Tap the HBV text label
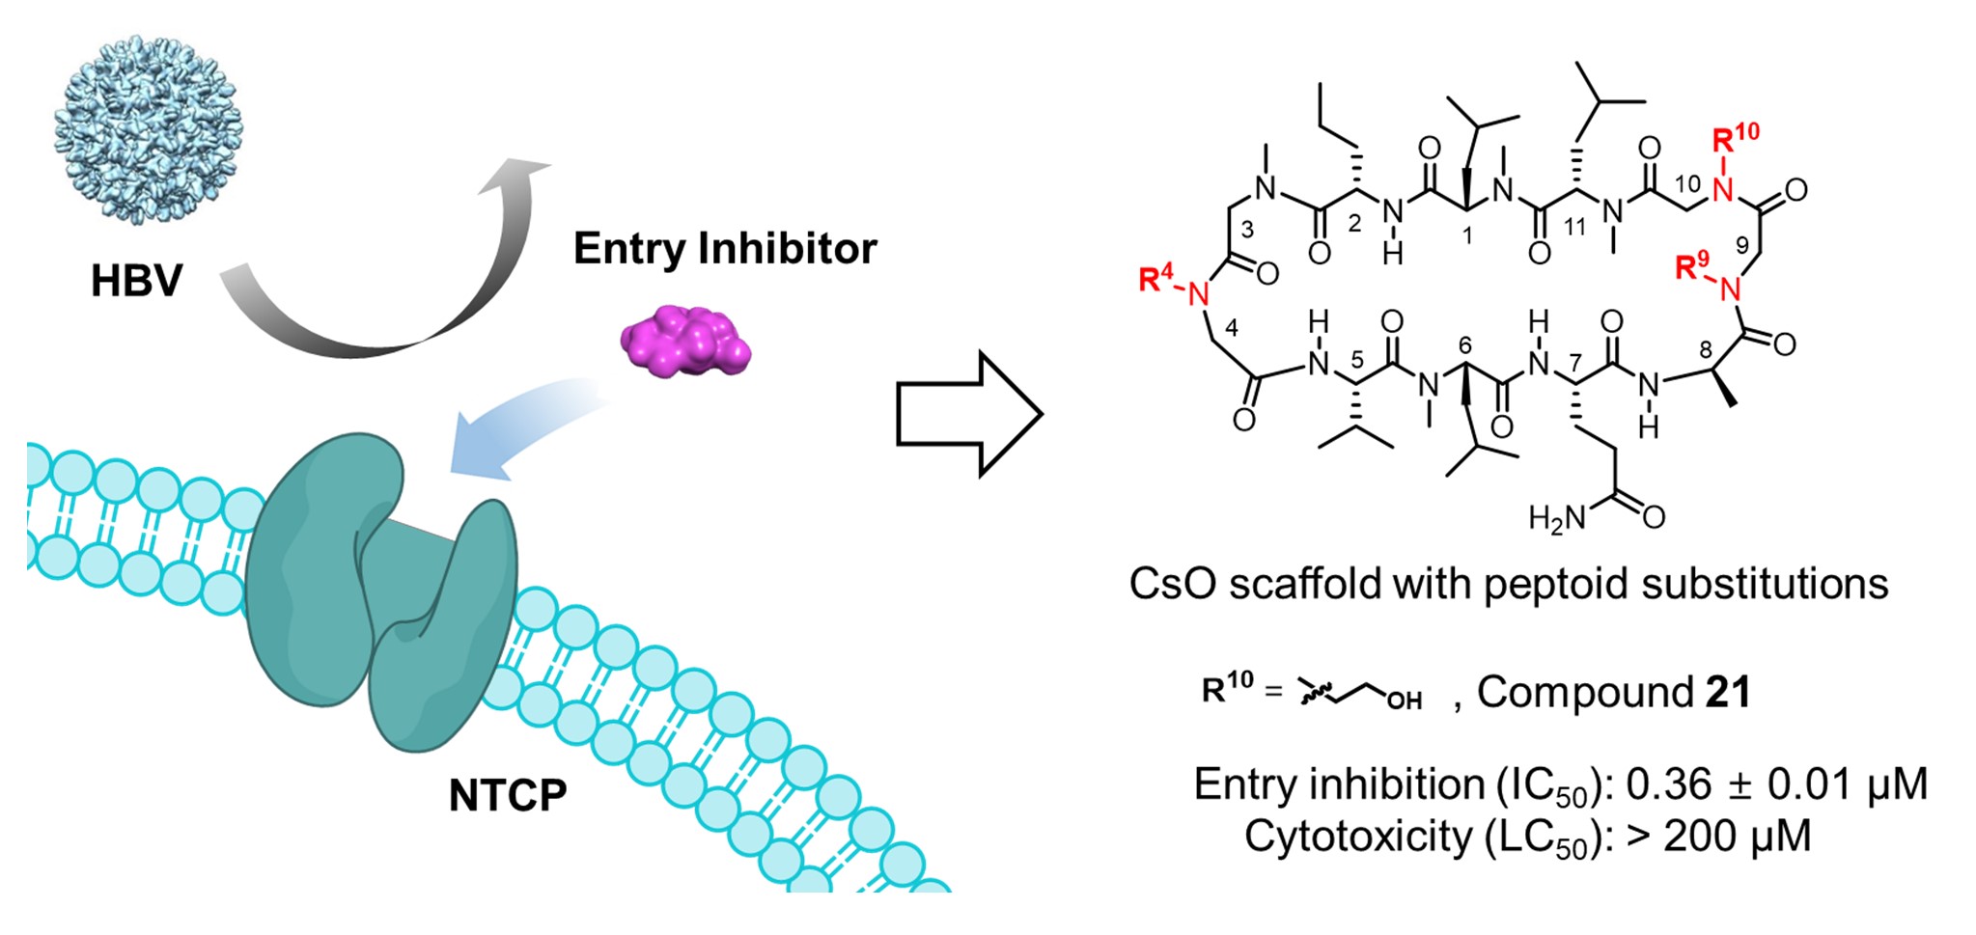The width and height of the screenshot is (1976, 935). tap(136, 280)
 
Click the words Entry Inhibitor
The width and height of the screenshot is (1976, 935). tap(725, 249)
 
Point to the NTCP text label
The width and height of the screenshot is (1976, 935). tap(508, 795)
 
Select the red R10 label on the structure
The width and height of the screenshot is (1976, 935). tap(1735, 139)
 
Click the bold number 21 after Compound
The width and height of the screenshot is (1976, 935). tap(1728, 692)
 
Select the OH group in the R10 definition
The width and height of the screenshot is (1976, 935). tap(1404, 701)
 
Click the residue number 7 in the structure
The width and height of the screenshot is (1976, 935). tap(1576, 363)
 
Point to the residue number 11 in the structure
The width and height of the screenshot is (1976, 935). tap(1574, 228)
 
